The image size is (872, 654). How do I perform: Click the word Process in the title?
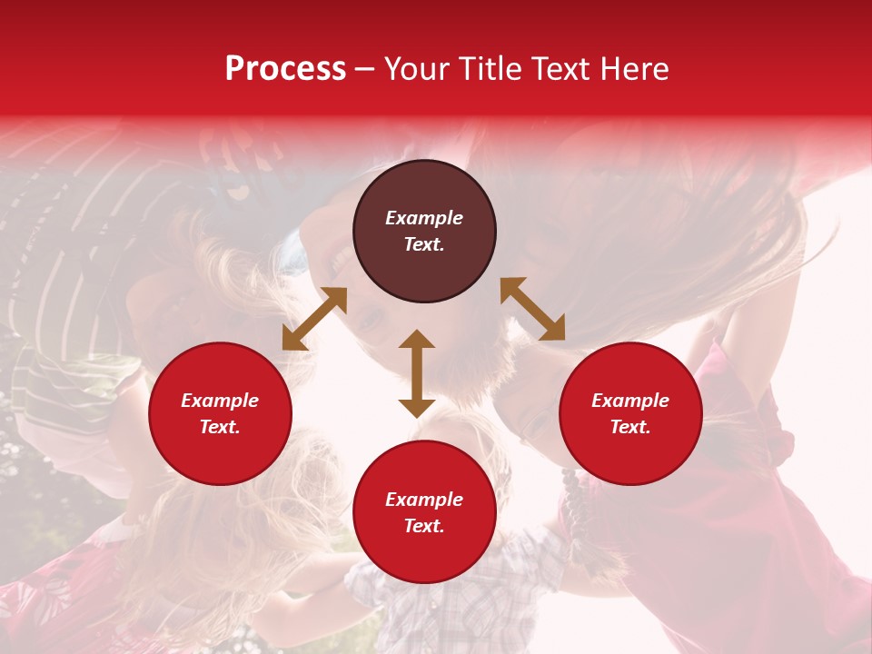tap(285, 69)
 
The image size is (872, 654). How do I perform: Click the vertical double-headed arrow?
tap(417, 374)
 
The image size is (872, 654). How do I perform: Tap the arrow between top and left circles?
tap(314, 319)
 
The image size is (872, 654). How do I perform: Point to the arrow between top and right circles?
tap(532, 310)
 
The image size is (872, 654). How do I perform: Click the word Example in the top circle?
tap(424, 218)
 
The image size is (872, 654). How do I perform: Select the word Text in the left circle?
tap(220, 427)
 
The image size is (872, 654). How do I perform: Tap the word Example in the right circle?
tap(630, 401)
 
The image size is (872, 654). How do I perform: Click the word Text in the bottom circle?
tap(424, 526)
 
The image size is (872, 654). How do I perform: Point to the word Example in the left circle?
tap(220, 401)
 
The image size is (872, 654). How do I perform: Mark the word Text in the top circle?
tap(424, 244)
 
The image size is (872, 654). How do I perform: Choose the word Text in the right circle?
tap(630, 427)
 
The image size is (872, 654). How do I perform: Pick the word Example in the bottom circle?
tap(424, 500)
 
